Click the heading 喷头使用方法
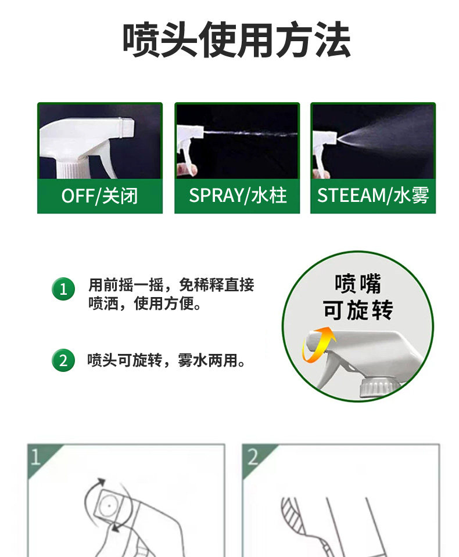(236, 39)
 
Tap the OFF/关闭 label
(99, 196)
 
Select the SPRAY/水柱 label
(238, 196)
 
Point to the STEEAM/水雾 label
(373, 196)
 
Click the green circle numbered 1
(63, 289)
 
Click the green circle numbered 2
(63, 360)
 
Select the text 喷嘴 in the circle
(358, 284)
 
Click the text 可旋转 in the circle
(358, 310)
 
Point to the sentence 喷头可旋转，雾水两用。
(167, 360)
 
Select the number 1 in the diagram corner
(35, 457)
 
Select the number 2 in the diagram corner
(252, 457)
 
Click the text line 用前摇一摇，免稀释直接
(171, 285)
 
